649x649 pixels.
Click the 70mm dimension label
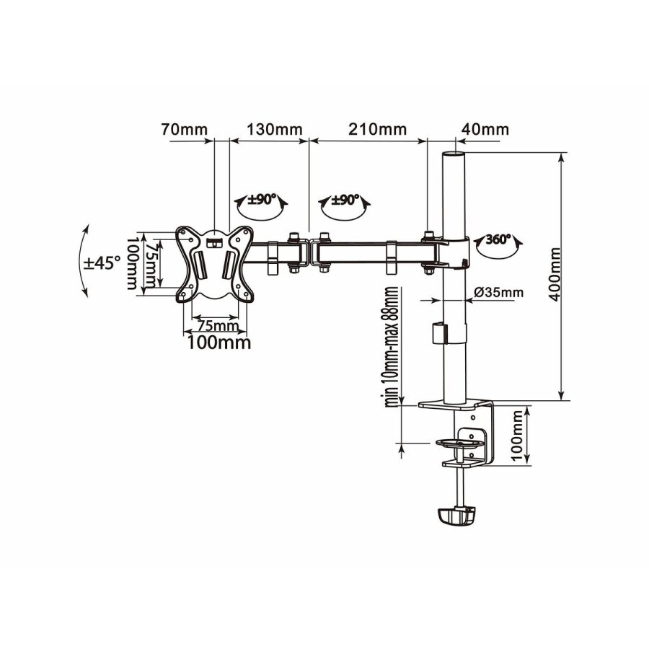click(183, 130)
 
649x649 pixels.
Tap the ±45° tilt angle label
click(102, 263)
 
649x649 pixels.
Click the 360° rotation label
click(498, 239)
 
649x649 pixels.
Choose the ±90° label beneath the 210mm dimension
click(344, 200)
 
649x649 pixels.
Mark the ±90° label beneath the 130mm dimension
click(260, 200)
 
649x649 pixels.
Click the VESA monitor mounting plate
click(215, 262)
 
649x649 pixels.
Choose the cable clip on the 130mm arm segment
click(273, 258)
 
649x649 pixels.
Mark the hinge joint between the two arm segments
click(309, 252)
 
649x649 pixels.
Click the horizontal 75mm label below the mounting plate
click(215, 326)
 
